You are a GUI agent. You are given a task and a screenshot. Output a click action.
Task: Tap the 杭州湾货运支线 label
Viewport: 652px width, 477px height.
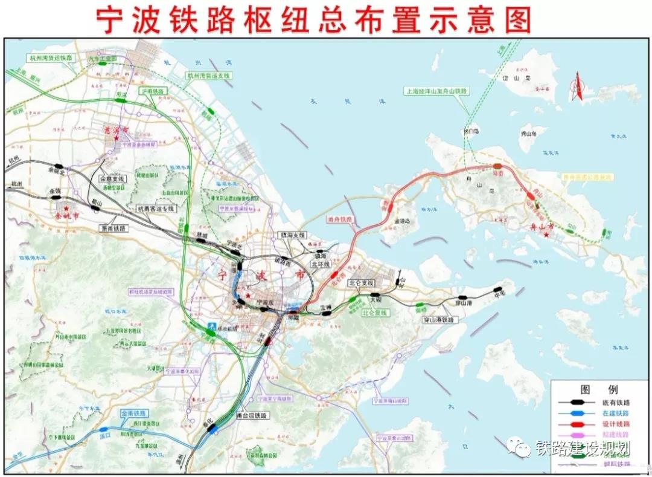208,76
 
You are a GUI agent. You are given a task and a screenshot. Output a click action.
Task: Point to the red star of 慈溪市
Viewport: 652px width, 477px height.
117,138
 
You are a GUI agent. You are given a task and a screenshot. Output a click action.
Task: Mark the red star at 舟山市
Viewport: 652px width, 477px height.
547,234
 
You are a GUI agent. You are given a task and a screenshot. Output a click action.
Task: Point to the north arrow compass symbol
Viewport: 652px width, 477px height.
576,87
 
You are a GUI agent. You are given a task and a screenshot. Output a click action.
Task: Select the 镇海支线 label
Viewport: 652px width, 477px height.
293,235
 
